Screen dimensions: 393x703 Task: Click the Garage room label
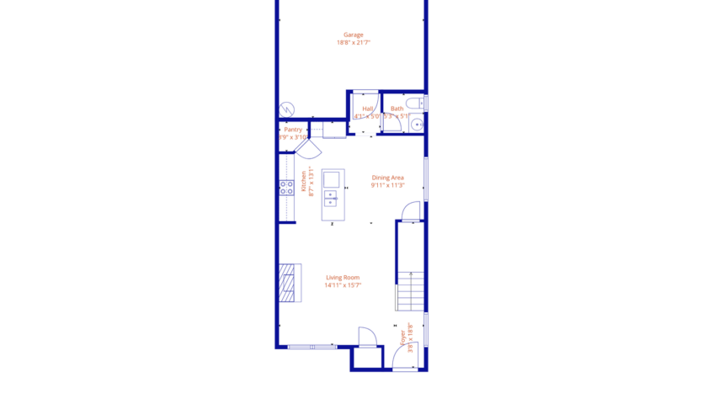pos(353,35)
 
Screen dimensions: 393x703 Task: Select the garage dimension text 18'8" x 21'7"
pos(353,43)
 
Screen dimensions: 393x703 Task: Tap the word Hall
pos(368,109)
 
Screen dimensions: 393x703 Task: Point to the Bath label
pos(397,109)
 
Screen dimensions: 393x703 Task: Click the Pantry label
pos(293,130)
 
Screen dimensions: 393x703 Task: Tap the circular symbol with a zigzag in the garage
pos(288,109)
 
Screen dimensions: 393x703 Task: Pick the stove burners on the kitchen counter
pos(286,187)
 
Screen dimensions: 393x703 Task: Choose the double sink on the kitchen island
pos(331,198)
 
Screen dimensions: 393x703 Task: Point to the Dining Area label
pos(388,178)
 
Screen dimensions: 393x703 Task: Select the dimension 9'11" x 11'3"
pos(388,185)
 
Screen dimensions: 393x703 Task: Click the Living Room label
pos(343,278)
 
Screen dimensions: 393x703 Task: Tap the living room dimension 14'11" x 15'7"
pos(343,285)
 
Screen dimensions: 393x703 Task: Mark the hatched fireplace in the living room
pos(289,282)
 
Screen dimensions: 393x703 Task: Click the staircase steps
pos(410,291)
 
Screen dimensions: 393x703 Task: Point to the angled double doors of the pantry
pos(308,149)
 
